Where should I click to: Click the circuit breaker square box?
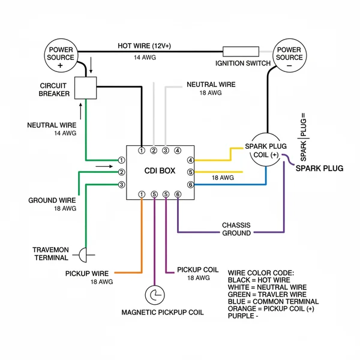(x=86, y=88)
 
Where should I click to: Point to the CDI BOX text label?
(x=160, y=171)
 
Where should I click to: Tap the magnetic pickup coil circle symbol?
(x=155, y=295)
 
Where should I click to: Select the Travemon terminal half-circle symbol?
(x=84, y=255)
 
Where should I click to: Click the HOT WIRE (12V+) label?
(x=144, y=46)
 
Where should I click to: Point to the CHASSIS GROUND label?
(x=236, y=229)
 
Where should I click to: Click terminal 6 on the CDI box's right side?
(x=191, y=184)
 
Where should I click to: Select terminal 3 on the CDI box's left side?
(x=121, y=184)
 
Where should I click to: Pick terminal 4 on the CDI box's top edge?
(x=178, y=150)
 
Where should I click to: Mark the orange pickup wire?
(x=142, y=240)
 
